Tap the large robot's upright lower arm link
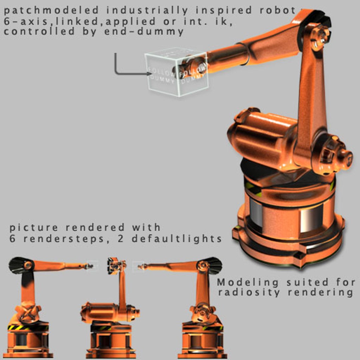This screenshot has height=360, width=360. [x=312, y=100]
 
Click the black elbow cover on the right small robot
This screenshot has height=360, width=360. [x=214, y=265]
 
